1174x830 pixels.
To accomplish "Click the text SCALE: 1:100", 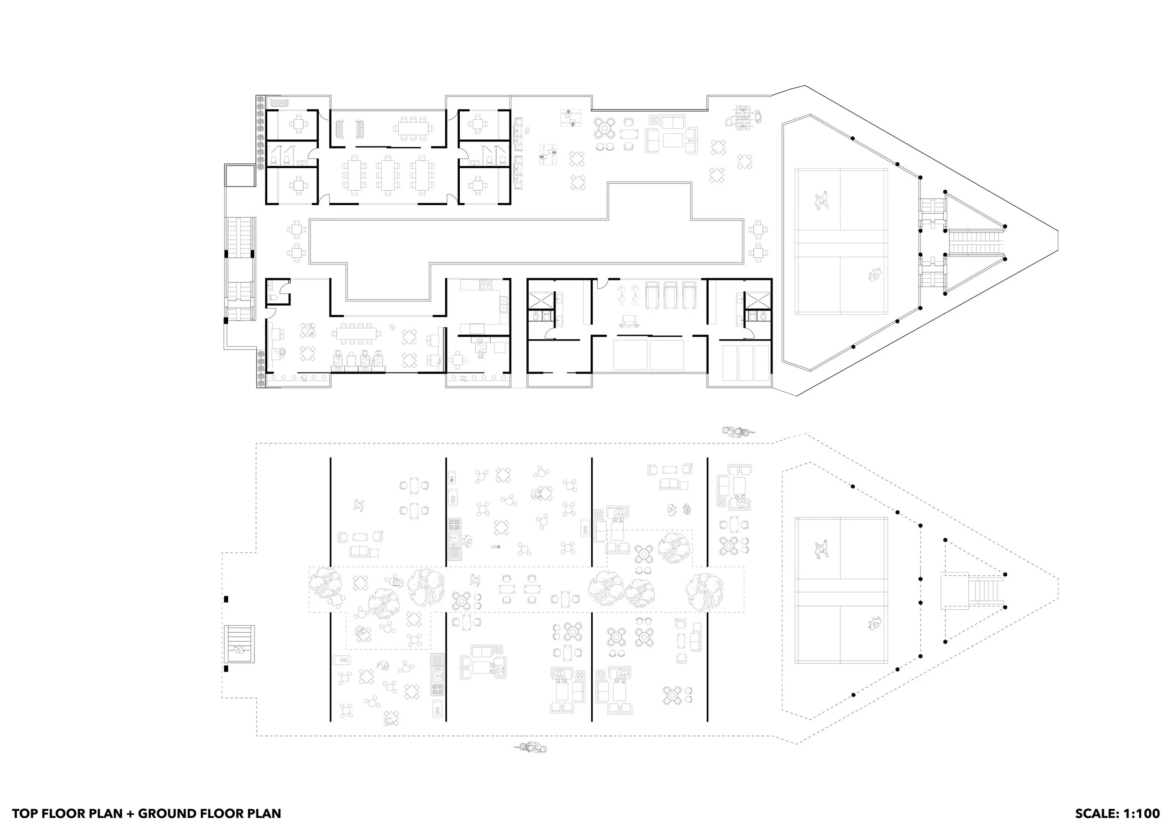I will pos(1115,813).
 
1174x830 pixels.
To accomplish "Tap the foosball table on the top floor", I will pos(742,117).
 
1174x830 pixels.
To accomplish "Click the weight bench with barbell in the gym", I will pos(628,321).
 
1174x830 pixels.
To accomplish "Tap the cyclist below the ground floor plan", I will pos(530,749).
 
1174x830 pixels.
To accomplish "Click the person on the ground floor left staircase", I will pos(238,650).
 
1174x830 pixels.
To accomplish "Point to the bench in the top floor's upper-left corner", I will pos(280,103).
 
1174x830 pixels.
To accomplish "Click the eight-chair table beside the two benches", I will pos(412,126).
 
